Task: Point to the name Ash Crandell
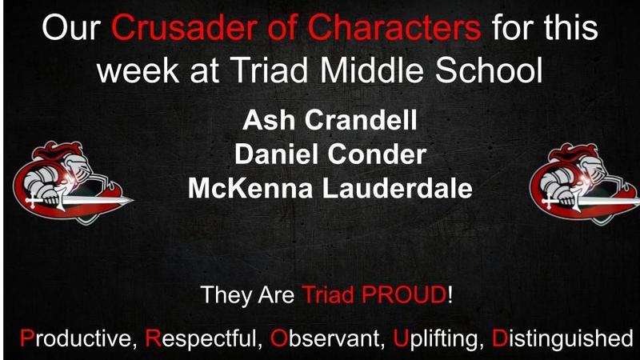coord(319,126)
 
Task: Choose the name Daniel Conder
coord(319,157)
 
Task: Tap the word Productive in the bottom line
coord(76,337)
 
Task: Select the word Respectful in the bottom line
coord(204,337)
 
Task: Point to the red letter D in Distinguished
coord(498,337)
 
